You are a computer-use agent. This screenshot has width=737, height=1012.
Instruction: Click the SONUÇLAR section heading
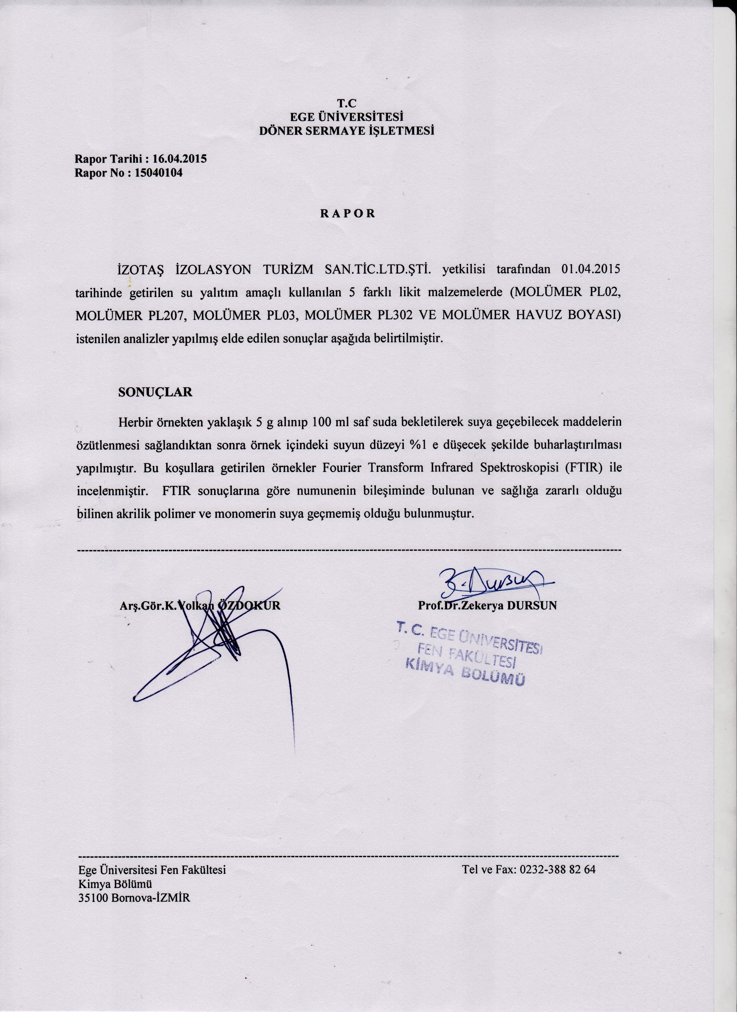pyautogui.click(x=155, y=392)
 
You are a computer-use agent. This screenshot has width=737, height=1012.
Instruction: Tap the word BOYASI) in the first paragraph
pyautogui.click(x=594, y=315)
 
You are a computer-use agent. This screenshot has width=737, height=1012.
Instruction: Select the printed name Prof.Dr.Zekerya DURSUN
pyautogui.click(x=487, y=606)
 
